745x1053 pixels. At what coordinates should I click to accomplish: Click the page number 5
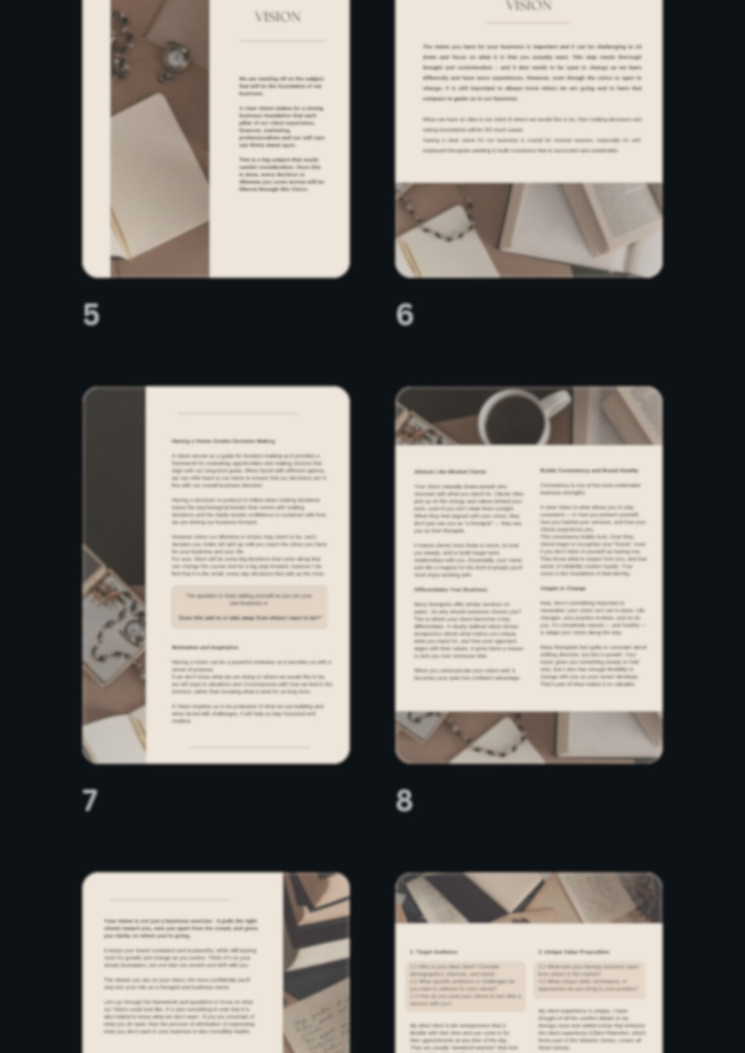(91, 314)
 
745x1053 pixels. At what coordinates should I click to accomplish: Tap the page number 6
(405, 314)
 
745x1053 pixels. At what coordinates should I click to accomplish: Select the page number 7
(90, 801)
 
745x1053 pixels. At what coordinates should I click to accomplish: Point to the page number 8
(404, 801)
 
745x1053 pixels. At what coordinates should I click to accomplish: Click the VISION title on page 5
(278, 17)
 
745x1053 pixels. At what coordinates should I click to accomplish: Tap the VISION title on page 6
(528, 6)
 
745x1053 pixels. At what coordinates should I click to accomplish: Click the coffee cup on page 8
(516, 419)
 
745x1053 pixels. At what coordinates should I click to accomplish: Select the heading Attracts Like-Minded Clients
(450, 472)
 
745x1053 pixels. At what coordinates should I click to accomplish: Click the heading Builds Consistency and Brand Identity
(589, 470)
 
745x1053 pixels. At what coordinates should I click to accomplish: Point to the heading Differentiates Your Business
(450, 590)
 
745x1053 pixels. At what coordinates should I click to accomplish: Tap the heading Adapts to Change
(563, 588)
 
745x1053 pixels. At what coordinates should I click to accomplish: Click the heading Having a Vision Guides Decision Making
(223, 441)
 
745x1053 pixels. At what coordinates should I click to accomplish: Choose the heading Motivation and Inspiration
(205, 647)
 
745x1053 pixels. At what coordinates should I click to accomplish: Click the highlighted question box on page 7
(249, 607)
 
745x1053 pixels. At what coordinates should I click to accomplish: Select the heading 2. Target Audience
(434, 952)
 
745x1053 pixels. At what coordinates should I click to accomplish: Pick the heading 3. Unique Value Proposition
(573, 952)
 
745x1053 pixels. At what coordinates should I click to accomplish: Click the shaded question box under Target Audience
(466, 985)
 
